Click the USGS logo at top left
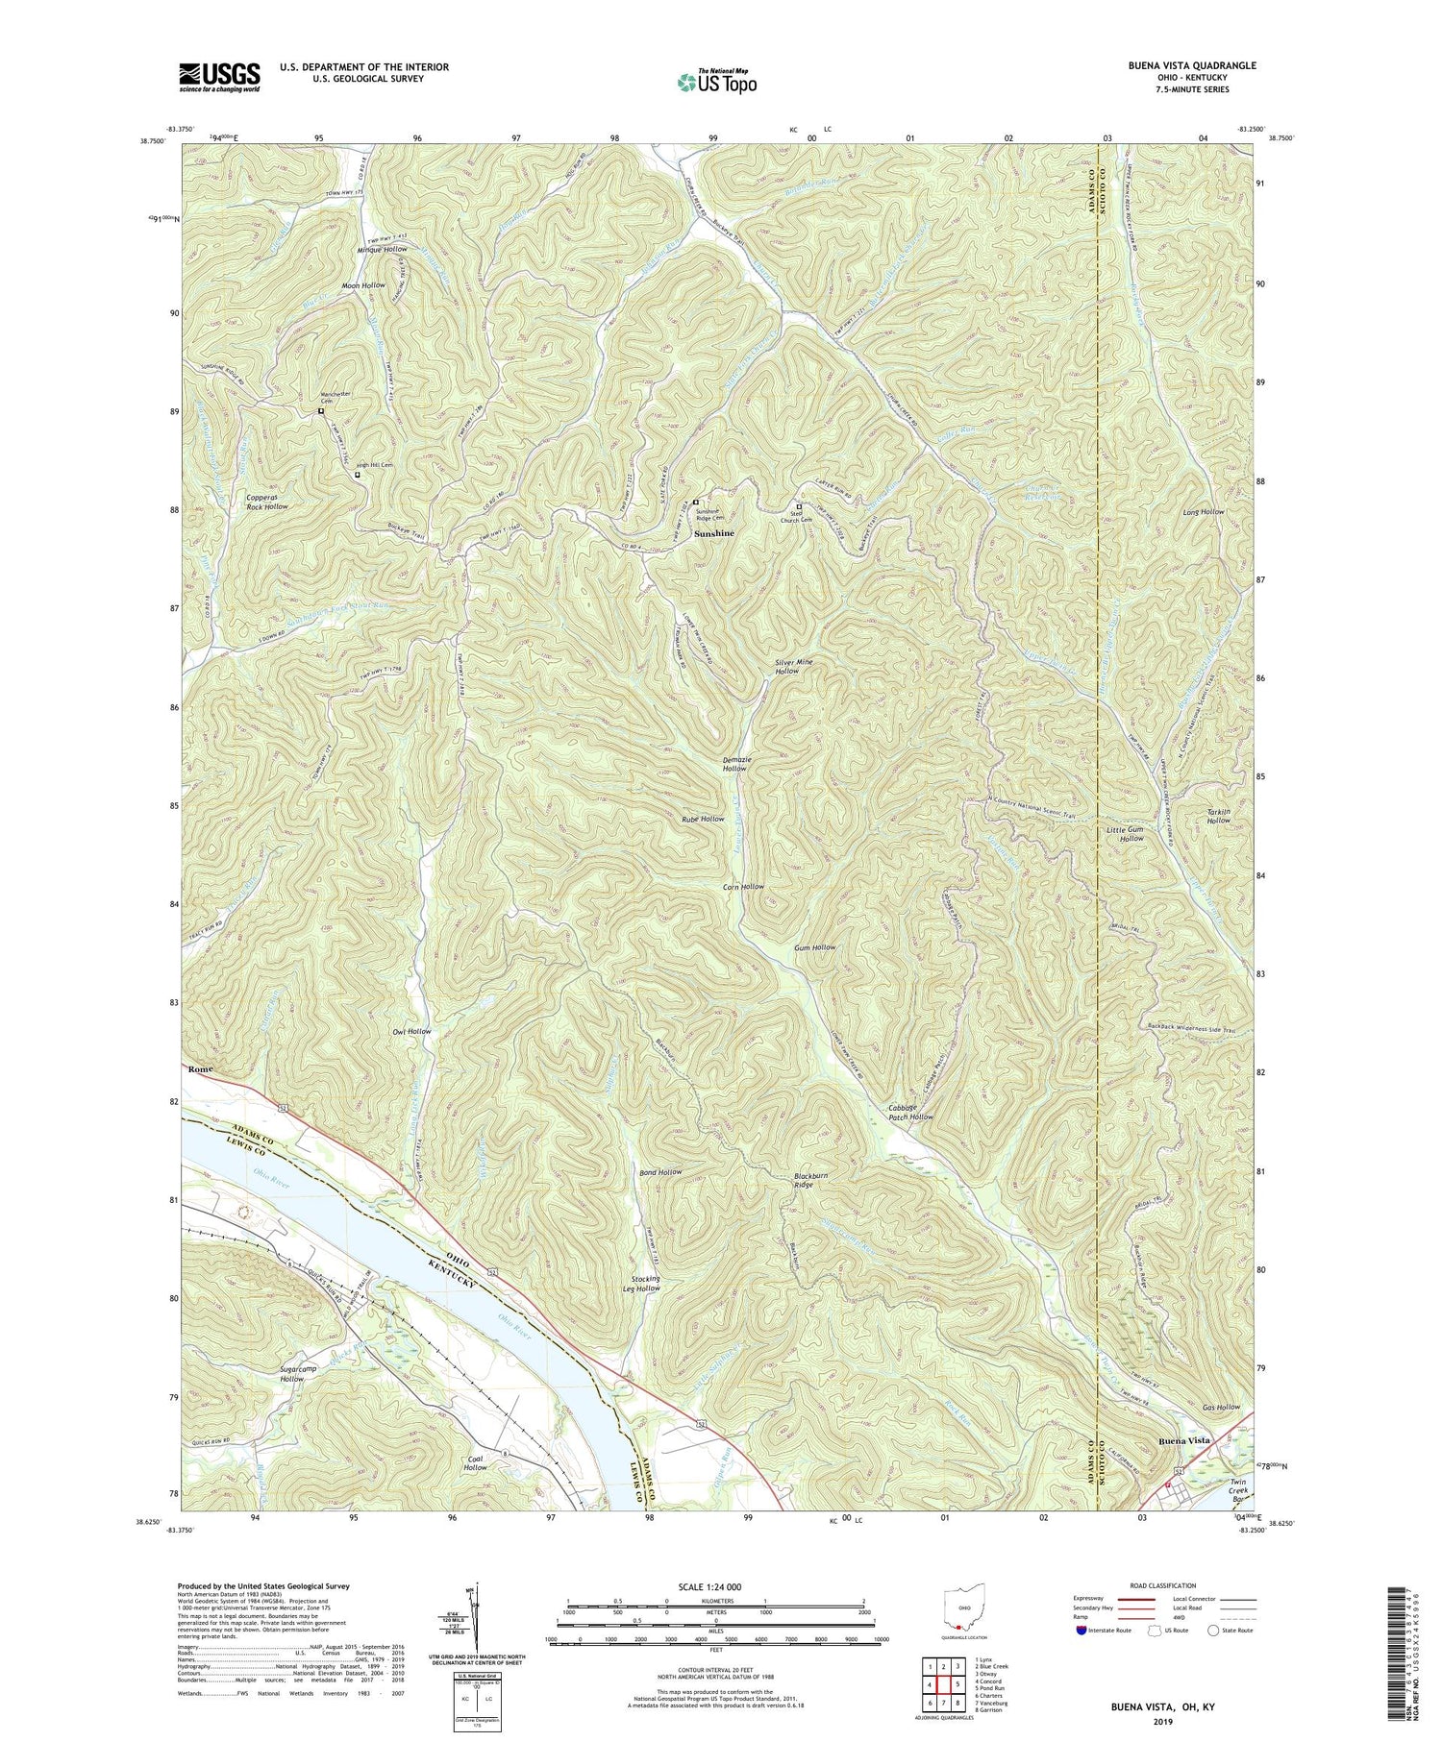click(219, 76)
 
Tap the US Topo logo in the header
click(716, 83)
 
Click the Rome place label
click(200, 1069)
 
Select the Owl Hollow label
click(411, 1031)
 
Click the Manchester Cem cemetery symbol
click(321, 412)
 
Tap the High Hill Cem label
click(375, 465)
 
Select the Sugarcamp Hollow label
click(279, 1373)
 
